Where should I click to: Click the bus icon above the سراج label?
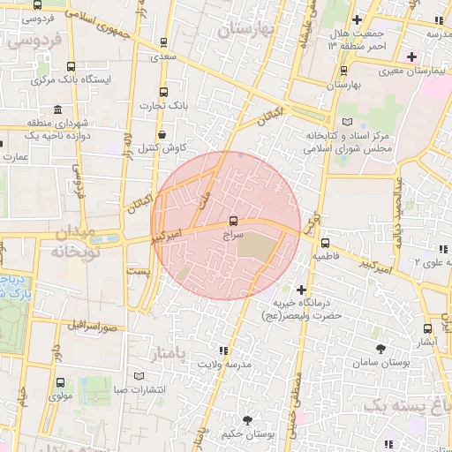point(234,221)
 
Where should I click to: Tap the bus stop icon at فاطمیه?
point(326,243)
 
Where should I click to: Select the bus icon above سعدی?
point(163,42)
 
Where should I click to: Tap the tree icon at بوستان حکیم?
point(246,420)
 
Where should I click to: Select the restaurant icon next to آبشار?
point(428,328)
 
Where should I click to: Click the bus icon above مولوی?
point(60,383)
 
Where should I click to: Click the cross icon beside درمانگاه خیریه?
point(302,290)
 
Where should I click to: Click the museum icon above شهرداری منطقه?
point(58,110)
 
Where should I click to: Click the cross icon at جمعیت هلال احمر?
point(357,19)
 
